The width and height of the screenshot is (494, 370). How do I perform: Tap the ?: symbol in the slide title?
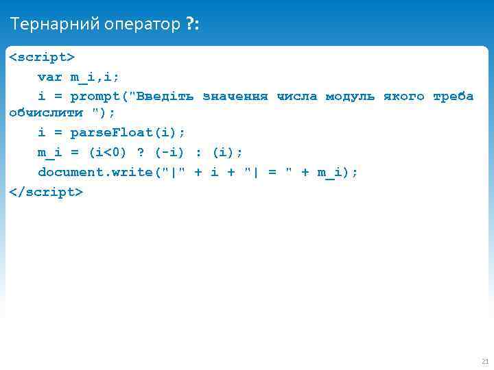pyautogui.click(x=193, y=25)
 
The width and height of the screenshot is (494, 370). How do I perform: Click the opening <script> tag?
pyautogui.click(x=41, y=56)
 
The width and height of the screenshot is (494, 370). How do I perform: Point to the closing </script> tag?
pyautogui.click(x=46, y=192)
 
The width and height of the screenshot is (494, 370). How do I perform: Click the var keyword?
pyautogui.click(x=50, y=77)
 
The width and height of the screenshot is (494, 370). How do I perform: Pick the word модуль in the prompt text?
pyautogui.click(x=350, y=96)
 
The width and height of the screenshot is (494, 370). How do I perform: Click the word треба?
pyautogui.click(x=453, y=96)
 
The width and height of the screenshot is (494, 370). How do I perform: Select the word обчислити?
pyautogui.click(x=46, y=112)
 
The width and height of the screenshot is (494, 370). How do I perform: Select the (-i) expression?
pyautogui.click(x=169, y=151)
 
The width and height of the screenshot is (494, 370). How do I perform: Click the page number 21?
pyautogui.click(x=485, y=361)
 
